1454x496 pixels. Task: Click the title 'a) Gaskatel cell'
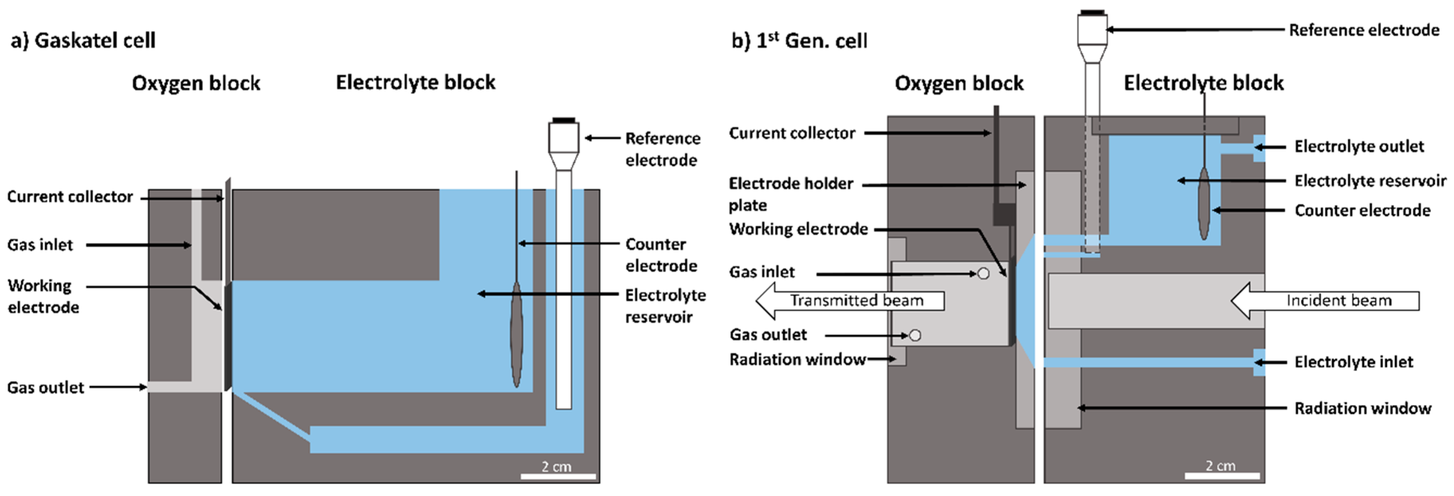coord(83,41)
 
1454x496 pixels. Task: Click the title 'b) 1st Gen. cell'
coord(799,41)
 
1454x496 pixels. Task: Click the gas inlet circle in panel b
coord(983,274)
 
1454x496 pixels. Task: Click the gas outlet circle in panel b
coord(915,335)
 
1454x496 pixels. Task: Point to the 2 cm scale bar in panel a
coord(558,476)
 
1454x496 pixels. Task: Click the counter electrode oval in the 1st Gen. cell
coord(1203,203)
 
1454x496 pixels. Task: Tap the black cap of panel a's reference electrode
coord(563,120)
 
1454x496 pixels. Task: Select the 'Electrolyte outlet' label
coord(1359,147)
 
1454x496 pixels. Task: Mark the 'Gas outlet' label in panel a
coord(45,388)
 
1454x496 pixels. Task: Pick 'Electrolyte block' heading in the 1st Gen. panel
coord(1203,83)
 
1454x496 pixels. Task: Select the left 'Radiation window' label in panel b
coord(797,359)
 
